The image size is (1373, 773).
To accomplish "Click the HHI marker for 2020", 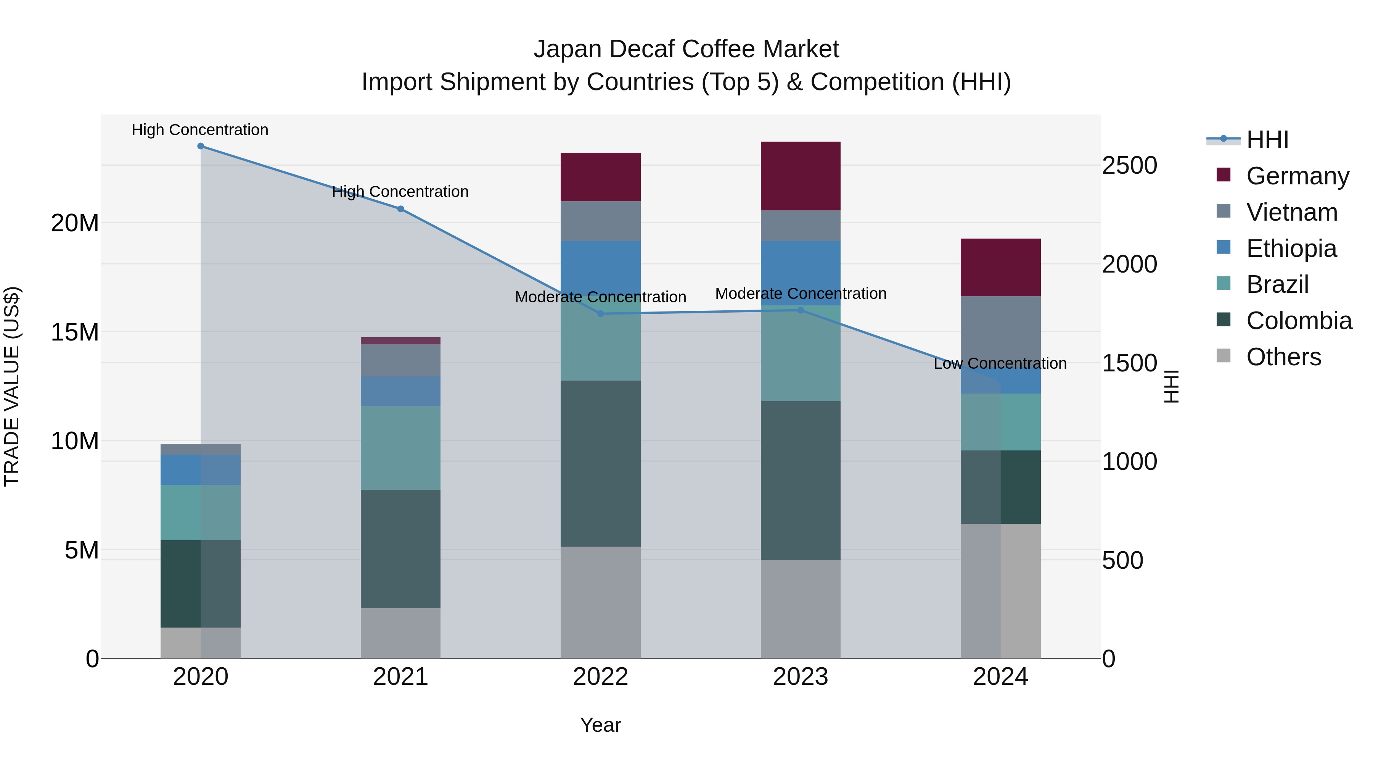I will [x=200, y=146].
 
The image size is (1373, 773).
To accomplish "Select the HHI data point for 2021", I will [x=401, y=209].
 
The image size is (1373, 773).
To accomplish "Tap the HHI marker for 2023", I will [x=801, y=310].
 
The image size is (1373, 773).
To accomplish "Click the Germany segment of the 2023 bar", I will [x=801, y=176].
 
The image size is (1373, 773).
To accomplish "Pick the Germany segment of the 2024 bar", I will [x=1000, y=267].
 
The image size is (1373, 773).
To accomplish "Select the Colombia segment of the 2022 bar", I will [x=601, y=463].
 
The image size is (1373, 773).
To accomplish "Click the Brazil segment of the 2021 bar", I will [x=401, y=448].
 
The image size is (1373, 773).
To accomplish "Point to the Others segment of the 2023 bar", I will [x=801, y=609].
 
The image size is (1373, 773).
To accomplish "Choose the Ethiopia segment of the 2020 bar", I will [x=200, y=470].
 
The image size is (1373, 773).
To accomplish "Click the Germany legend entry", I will [x=1297, y=176].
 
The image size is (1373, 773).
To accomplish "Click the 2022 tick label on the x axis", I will [x=601, y=677].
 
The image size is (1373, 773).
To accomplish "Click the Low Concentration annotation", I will [x=1000, y=363].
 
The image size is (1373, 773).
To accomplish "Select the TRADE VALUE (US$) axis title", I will [x=12, y=386].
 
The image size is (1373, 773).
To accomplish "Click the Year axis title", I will [x=601, y=725].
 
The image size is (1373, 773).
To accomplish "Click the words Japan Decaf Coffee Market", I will [x=686, y=49].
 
